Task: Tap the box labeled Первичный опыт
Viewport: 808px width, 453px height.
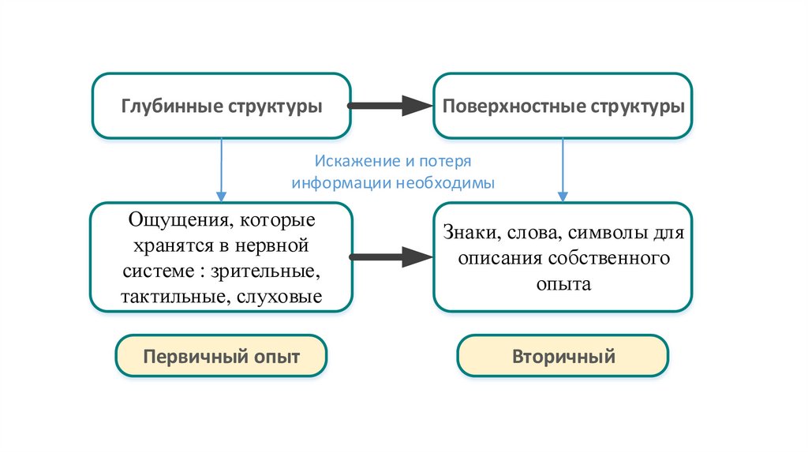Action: (x=221, y=356)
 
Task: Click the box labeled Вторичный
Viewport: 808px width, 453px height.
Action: (x=563, y=356)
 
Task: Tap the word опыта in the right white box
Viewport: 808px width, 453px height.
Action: (x=563, y=283)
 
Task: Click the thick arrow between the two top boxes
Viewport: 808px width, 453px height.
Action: (x=390, y=106)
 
